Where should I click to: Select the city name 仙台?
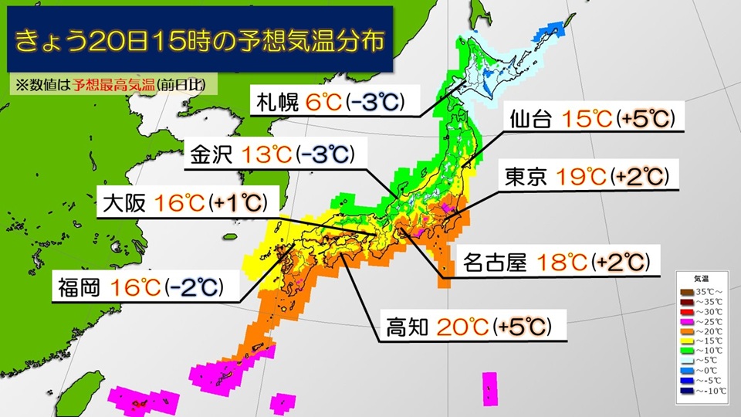point(532,120)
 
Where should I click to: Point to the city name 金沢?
point(211,155)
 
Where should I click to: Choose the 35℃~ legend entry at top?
point(701,290)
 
